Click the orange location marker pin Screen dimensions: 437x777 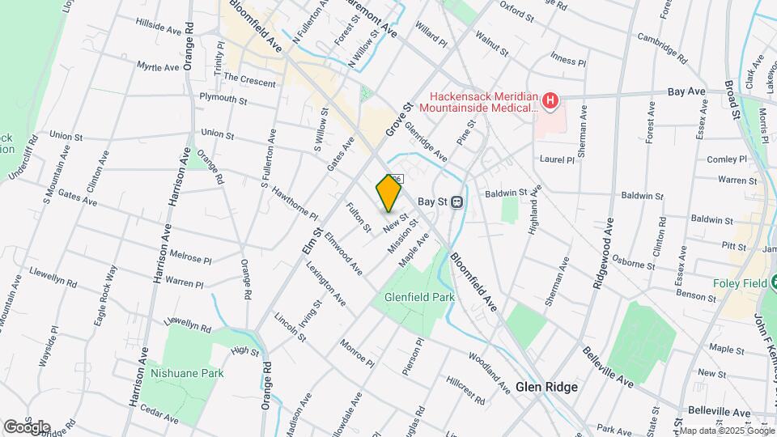pos(388,193)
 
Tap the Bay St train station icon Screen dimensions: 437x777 pos(457,202)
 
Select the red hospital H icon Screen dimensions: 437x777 pos(550,100)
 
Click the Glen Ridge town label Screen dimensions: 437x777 pos(547,387)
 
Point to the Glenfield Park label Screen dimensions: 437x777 pos(418,297)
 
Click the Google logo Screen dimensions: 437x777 pos(27,426)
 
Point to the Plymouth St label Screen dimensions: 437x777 pos(223,99)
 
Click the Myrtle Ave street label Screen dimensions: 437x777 pos(158,66)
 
